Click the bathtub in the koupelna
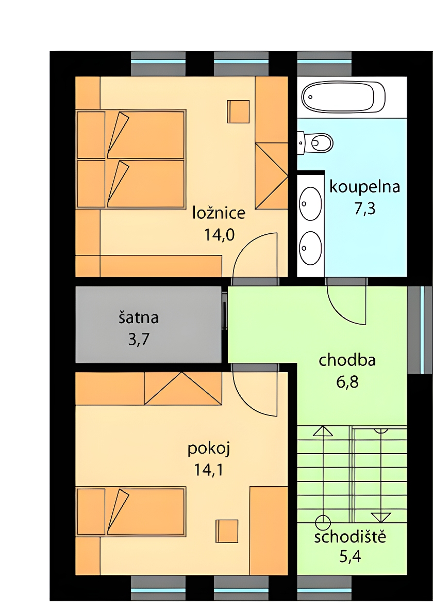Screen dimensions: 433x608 pos(343,97)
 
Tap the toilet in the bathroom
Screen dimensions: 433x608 pos(315,142)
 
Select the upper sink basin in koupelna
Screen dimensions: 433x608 pos(311,203)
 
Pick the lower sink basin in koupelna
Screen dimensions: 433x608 pos(311,248)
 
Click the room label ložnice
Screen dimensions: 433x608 pos(219,213)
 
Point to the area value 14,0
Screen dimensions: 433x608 pos(219,235)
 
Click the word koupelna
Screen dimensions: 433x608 pos(364,186)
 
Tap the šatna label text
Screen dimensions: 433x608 pos(138,317)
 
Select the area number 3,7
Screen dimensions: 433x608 pos(139,340)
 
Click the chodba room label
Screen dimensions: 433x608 pos(347,360)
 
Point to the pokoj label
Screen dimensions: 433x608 pos(209,449)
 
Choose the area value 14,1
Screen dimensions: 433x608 pos(208,470)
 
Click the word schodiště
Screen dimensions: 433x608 pos(350,537)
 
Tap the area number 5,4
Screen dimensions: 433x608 pos(350,557)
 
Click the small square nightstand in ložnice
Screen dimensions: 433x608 pos(238,111)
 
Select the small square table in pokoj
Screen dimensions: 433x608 pos(227,531)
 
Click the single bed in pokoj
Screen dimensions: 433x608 pos(131,511)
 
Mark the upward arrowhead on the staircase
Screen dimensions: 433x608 pos(323,431)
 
